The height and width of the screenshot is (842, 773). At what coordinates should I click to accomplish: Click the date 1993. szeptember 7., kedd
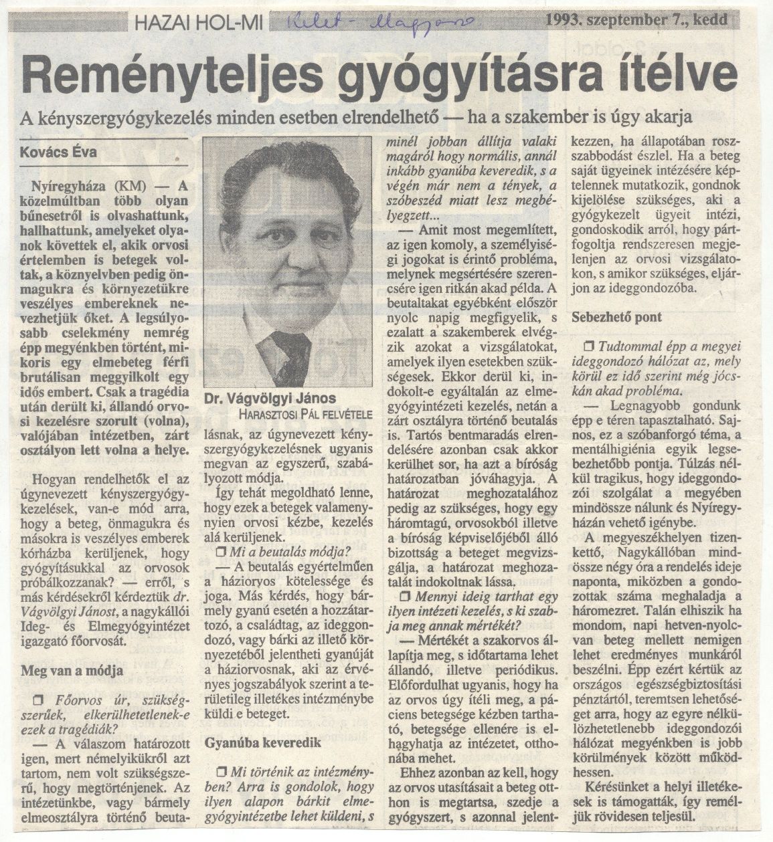coord(635,20)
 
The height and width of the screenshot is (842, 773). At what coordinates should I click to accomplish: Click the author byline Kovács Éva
coord(59,152)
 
